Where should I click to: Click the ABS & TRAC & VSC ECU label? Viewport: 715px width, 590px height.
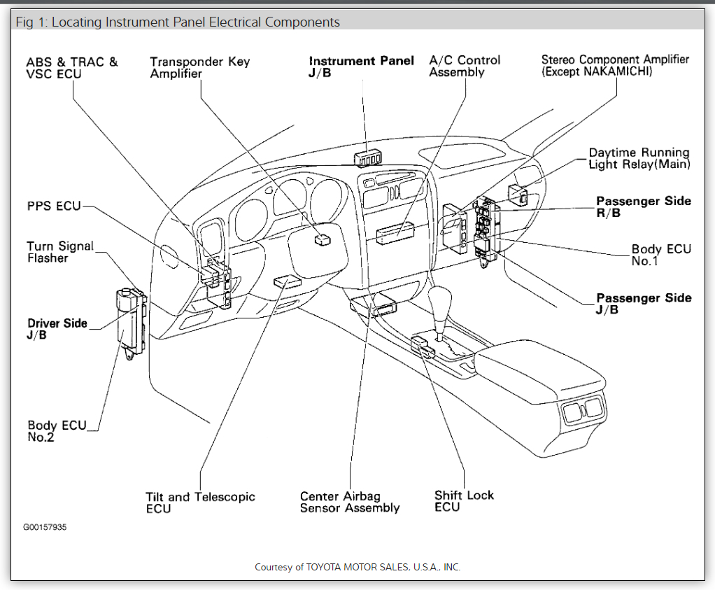click(x=72, y=68)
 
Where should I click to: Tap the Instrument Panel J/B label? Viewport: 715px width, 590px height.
click(x=361, y=67)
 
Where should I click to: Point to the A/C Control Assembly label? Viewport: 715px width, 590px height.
click(x=465, y=66)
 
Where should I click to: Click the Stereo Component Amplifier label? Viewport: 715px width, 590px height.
click(x=615, y=65)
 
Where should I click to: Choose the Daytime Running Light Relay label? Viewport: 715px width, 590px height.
click(x=639, y=158)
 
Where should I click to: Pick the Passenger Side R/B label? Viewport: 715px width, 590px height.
click(x=643, y=206)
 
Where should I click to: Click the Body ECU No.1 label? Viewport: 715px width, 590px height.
click(x=660, y=255)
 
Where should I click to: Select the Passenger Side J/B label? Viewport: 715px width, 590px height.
click(x=643, y=303)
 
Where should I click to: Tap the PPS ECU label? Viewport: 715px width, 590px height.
click(x=54, y=206)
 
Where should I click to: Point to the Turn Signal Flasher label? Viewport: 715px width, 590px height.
click(x=59, y=252)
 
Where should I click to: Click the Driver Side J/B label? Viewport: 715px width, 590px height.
click(x=57, y=329)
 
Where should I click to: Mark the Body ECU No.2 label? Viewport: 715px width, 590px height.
click(x=57, y=431)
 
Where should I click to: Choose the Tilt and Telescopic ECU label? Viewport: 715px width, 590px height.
click(x=200, y=503)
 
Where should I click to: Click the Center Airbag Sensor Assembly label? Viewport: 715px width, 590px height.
click(x=350, y=502)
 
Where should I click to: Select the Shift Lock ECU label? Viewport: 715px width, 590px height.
click(x=464, y=500)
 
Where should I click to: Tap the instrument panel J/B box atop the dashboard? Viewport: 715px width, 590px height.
click(x=368, y=158)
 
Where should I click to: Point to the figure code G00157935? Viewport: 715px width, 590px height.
click(x=45, y=526)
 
